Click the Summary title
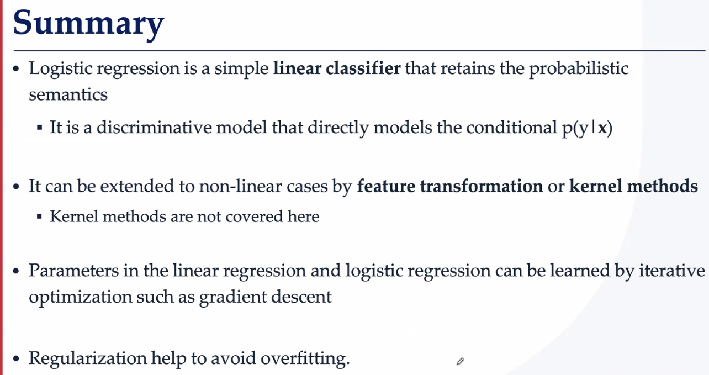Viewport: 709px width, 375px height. [88, 24]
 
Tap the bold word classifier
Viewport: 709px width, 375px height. [363, 68]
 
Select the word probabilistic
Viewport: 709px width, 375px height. [579, 69]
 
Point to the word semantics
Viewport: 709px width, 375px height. [68, 94]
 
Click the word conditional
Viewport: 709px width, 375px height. [511, 128]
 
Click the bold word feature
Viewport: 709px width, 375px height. [386, 186]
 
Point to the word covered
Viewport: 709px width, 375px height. [254, 217]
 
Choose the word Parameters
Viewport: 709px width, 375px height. [73, 271]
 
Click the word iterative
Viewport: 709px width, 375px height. [672, 271]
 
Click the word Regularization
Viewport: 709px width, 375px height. [88, 359]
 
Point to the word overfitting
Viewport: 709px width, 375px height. [305, 359]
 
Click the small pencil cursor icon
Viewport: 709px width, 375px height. [460, 361]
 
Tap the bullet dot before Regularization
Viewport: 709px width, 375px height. [16, 358]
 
